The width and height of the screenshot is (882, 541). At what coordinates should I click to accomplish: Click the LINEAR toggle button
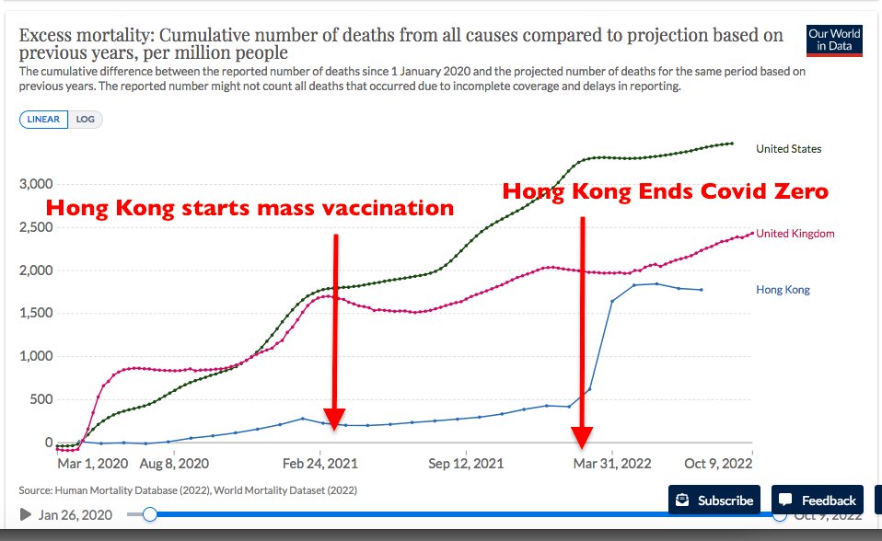tap(43, 120)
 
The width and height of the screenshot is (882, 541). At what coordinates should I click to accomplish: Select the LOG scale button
tap(85, 120)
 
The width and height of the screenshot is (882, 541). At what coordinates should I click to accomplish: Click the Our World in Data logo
tap(833, 40)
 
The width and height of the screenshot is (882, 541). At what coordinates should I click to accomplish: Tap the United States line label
tap(788, 148)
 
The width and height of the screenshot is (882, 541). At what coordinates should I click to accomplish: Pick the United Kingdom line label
tap(795, 234)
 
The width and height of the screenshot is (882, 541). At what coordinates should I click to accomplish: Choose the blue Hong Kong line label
tap(783, 290)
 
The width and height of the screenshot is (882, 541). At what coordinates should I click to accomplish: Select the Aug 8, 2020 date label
tap(175, 464)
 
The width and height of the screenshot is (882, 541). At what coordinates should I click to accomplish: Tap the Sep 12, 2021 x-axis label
tap(466, 464)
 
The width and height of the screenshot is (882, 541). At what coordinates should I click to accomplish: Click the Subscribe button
tap(714, 501)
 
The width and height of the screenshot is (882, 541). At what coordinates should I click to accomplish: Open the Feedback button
tap(818, 501)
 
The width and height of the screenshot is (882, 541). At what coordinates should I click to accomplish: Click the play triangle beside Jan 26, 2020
tap(25, 515)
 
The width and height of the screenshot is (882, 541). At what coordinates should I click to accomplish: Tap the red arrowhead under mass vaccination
tap(334, 421)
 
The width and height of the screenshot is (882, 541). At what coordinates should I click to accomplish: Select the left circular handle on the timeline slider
tap(149, 515)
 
